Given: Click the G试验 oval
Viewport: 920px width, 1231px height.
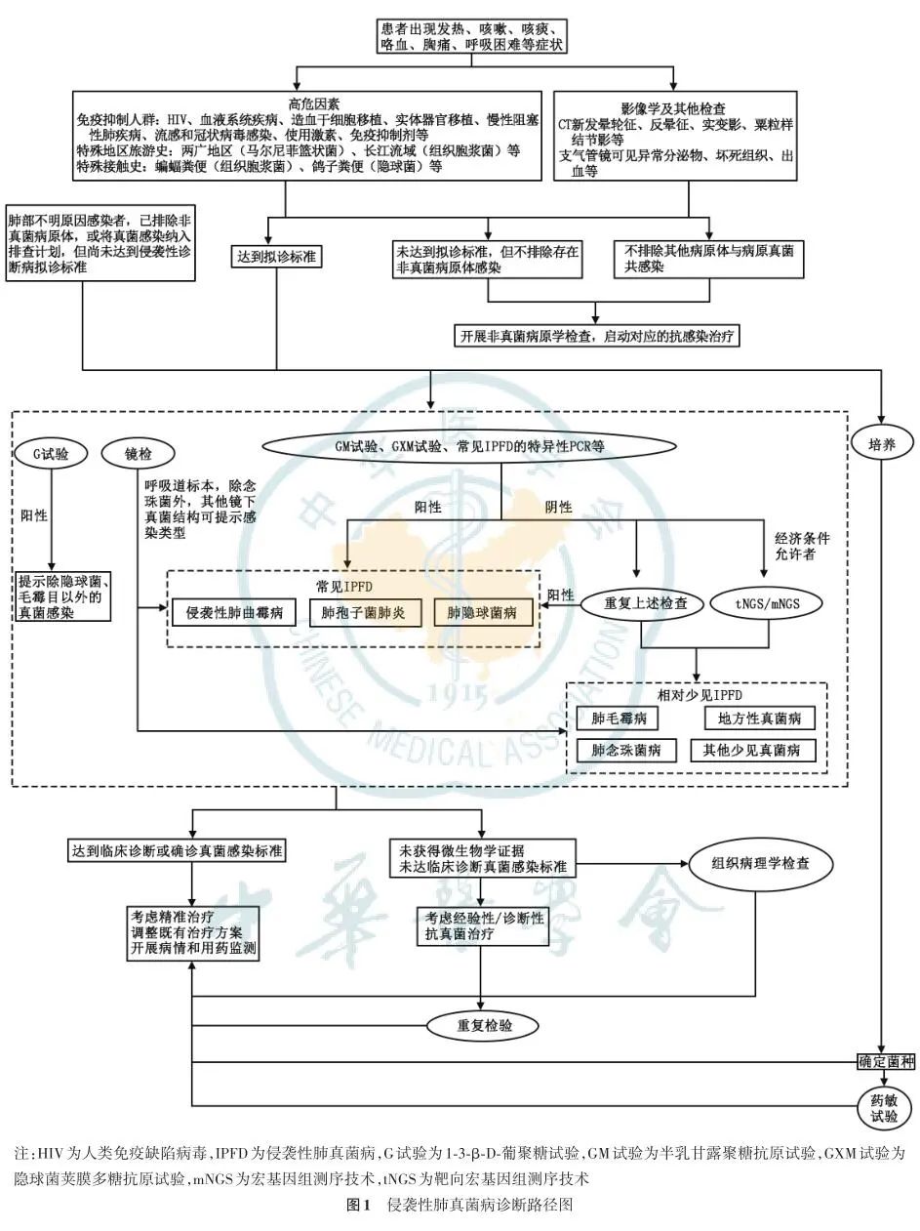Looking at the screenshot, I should coord(51,454).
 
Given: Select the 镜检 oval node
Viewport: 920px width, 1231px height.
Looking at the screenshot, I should coord(139,454).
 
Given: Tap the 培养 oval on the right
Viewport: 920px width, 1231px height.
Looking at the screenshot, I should coord(881,444).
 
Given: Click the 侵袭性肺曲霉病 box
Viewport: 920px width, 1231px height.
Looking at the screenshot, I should coord(234,613).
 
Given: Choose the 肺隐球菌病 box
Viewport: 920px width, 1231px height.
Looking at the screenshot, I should coord(484,613).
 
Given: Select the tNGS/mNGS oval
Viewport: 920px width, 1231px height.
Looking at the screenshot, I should coord(767,603).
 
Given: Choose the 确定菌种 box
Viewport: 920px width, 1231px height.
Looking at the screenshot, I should coord(886,1062).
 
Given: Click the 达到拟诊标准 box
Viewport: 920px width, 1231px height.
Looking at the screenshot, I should coord(277,257).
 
